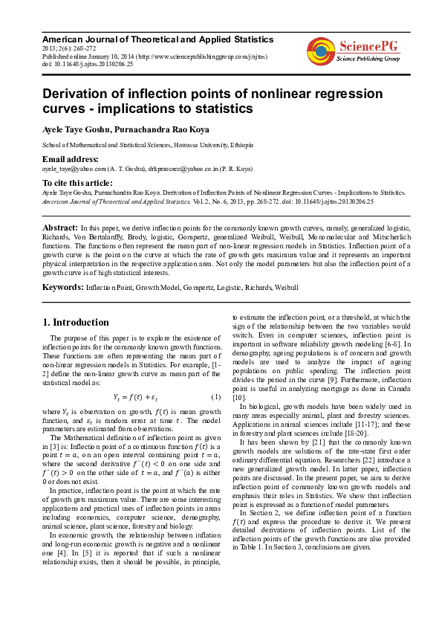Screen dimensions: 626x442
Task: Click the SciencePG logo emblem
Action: pyautogui.click(x=320, y=51)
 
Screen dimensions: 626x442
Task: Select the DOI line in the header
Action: pyautogui.click(x=88, y=65)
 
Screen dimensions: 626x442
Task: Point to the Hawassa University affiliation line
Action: pyautogui.click(x=148, y=145)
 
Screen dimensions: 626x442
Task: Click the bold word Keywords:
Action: pyautogui.click(x=62, y=286)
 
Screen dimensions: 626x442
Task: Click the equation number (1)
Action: pyautogui.click(x=216, y=396)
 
